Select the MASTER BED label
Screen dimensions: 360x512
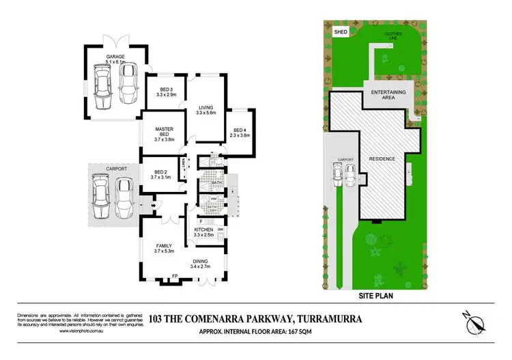click(x=165, y=128)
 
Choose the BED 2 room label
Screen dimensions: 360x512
click(x=161, y=172)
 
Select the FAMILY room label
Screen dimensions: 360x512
click(x=162, y=246)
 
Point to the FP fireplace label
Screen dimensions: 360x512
click(x=175, y=276)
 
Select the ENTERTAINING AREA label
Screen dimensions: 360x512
click(x=388, y=95)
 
